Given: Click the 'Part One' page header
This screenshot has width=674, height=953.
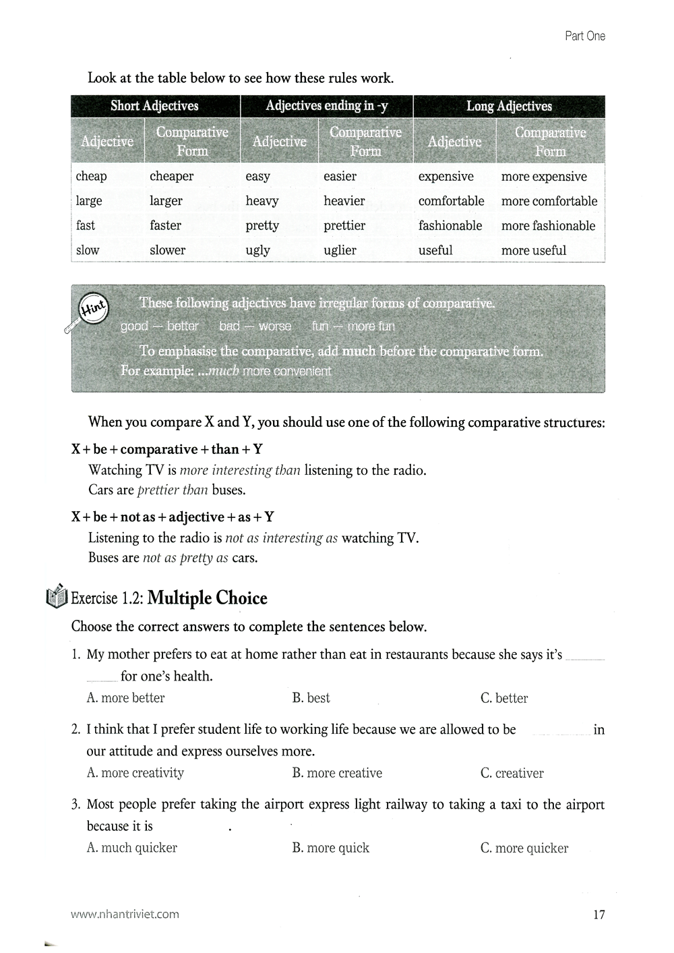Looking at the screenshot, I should [x=584, y=36].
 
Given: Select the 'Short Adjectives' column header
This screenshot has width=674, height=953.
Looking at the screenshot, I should [x=154, y=106].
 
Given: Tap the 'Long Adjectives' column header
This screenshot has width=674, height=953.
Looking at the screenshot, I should [x=509, y=106].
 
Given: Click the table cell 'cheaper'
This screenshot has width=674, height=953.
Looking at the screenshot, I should [x=171, y=177].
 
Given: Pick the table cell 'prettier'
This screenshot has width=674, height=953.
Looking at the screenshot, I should [x=344, y=226].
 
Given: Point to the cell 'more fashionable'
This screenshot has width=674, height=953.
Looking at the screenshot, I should [x=548, y=226].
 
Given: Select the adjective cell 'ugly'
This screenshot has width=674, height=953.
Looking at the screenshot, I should [x=257, y=250].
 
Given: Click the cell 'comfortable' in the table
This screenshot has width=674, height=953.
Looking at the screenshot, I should [x=451, y=201].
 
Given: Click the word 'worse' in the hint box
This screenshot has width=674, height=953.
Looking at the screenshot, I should [x=275, y=326].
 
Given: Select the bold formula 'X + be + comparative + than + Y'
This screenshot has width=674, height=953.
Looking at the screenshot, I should [x=166, y=449].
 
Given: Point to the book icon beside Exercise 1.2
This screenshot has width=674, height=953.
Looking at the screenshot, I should [x=57, y=596].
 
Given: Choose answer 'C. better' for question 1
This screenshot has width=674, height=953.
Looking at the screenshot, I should [x=504, y=698].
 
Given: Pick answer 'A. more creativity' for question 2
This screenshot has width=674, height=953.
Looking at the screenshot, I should [x=135, y=773].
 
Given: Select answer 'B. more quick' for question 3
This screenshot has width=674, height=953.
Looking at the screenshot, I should [x=330, y=848].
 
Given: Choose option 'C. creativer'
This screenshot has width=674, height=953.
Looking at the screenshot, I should [x=512, y=773].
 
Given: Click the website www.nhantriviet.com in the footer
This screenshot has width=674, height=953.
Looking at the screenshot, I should [x=125, y=915].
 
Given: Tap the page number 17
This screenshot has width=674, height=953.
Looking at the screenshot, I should [x=599, y=915].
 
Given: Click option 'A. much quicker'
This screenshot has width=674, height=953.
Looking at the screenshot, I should [x=131, y=848].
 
